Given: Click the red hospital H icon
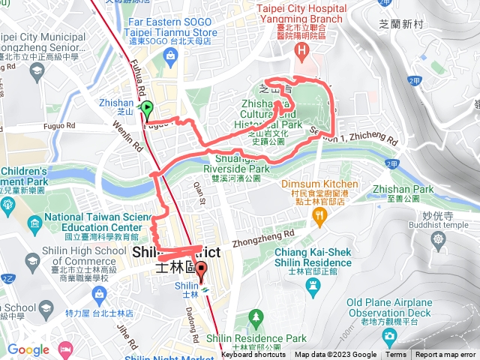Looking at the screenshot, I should (x=303, y=52).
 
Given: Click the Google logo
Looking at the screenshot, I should (x=28, y=349).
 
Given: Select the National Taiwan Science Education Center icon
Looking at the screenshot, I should (x=34, y=223).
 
